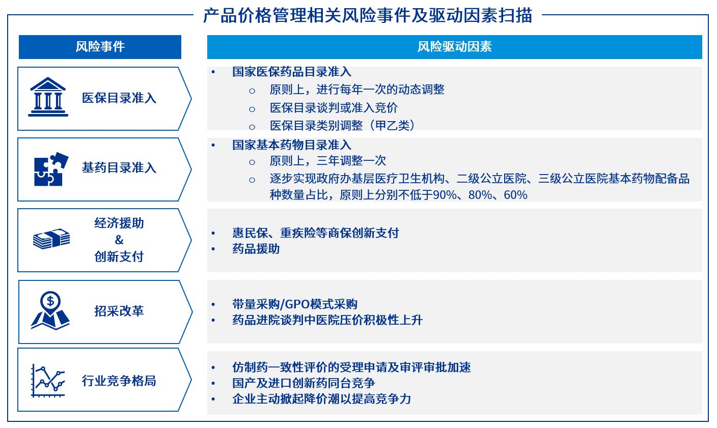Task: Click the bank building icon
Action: tap(48, 97)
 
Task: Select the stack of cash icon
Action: tap(51, 239)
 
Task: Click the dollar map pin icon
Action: tap(50, 310)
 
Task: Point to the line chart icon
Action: tap(48, 380)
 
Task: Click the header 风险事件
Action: tap(100, 47)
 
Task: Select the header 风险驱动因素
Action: tap(455, 47)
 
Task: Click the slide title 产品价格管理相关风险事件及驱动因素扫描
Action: tap(368, 15)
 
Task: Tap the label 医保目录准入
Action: tap(119, 98)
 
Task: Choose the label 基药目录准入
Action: tap(119, 167)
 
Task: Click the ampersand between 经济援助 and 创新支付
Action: tap(119, 240)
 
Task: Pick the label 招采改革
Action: tap(119, 311)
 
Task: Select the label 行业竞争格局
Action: tap(119, 381)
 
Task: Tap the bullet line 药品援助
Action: tap(256, 249)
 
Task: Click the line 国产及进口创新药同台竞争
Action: tap(304, 383)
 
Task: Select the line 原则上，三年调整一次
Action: tap(328, 161)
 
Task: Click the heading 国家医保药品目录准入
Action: tap(292, 72)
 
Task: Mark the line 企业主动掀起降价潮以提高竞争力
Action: tap(322, 399)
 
